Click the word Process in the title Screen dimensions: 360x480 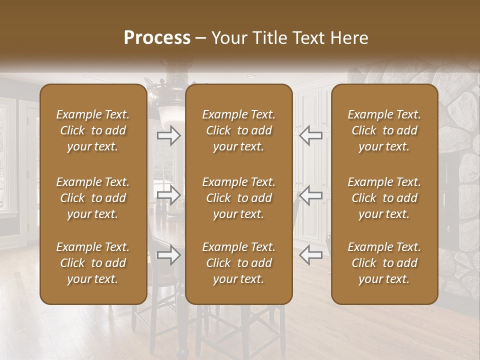157,38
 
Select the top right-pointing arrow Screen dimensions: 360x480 168,135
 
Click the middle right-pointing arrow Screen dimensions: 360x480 168,195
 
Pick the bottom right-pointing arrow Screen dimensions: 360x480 168,255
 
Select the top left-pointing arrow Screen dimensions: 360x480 310,135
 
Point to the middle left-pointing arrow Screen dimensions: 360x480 310,195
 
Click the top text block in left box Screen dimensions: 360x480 93,130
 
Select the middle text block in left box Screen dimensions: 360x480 93,198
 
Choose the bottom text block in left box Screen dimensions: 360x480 93,263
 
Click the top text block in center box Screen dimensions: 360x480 238,130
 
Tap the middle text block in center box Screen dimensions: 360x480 238,198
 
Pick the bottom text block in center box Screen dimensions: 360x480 238,263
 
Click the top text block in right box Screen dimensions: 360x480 384,130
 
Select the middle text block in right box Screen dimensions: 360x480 384,198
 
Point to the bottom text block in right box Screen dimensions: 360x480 384,263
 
